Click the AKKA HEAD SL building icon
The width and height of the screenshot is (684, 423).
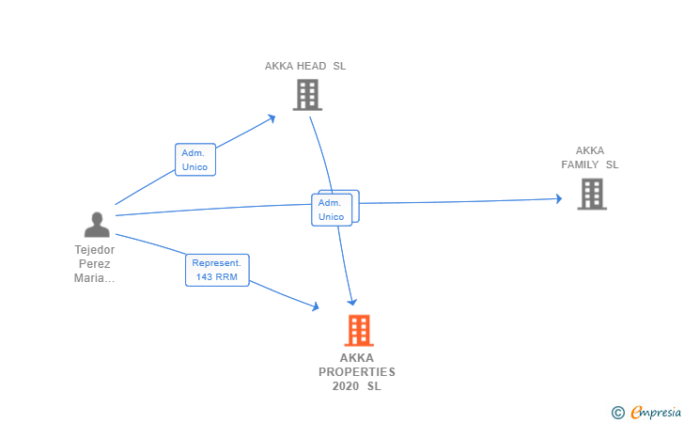click(x=306, y=95)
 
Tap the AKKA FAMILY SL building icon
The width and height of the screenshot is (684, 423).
click(x=591, y=194)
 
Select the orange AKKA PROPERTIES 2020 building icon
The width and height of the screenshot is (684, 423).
click(x=358, y=330)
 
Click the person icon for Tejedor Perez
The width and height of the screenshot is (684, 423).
click(x=97, y=225)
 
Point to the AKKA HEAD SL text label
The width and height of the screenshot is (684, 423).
click(x=305, y=66)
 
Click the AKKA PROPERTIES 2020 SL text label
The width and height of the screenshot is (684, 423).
click(x=357, y=371)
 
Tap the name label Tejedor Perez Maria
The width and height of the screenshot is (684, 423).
click(x=95, y=264)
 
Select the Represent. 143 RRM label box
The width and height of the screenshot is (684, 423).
click(x=217, y=270)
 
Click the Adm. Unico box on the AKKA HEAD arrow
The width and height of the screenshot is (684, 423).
click(x=195, y=159)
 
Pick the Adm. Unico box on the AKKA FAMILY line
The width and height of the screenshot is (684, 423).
click(x=332, y=209)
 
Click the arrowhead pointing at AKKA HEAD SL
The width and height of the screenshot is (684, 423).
click(x=272, y=117)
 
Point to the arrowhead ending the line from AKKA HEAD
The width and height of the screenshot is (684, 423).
click(x=352, y=301)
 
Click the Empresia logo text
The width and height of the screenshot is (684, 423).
click(x=656, y=411)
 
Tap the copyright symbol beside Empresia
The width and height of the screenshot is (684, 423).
click(x=617, y=412)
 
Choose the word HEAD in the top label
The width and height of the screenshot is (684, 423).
click(x=313, y=66)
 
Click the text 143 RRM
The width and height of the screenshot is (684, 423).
click(x=217, y=277)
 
